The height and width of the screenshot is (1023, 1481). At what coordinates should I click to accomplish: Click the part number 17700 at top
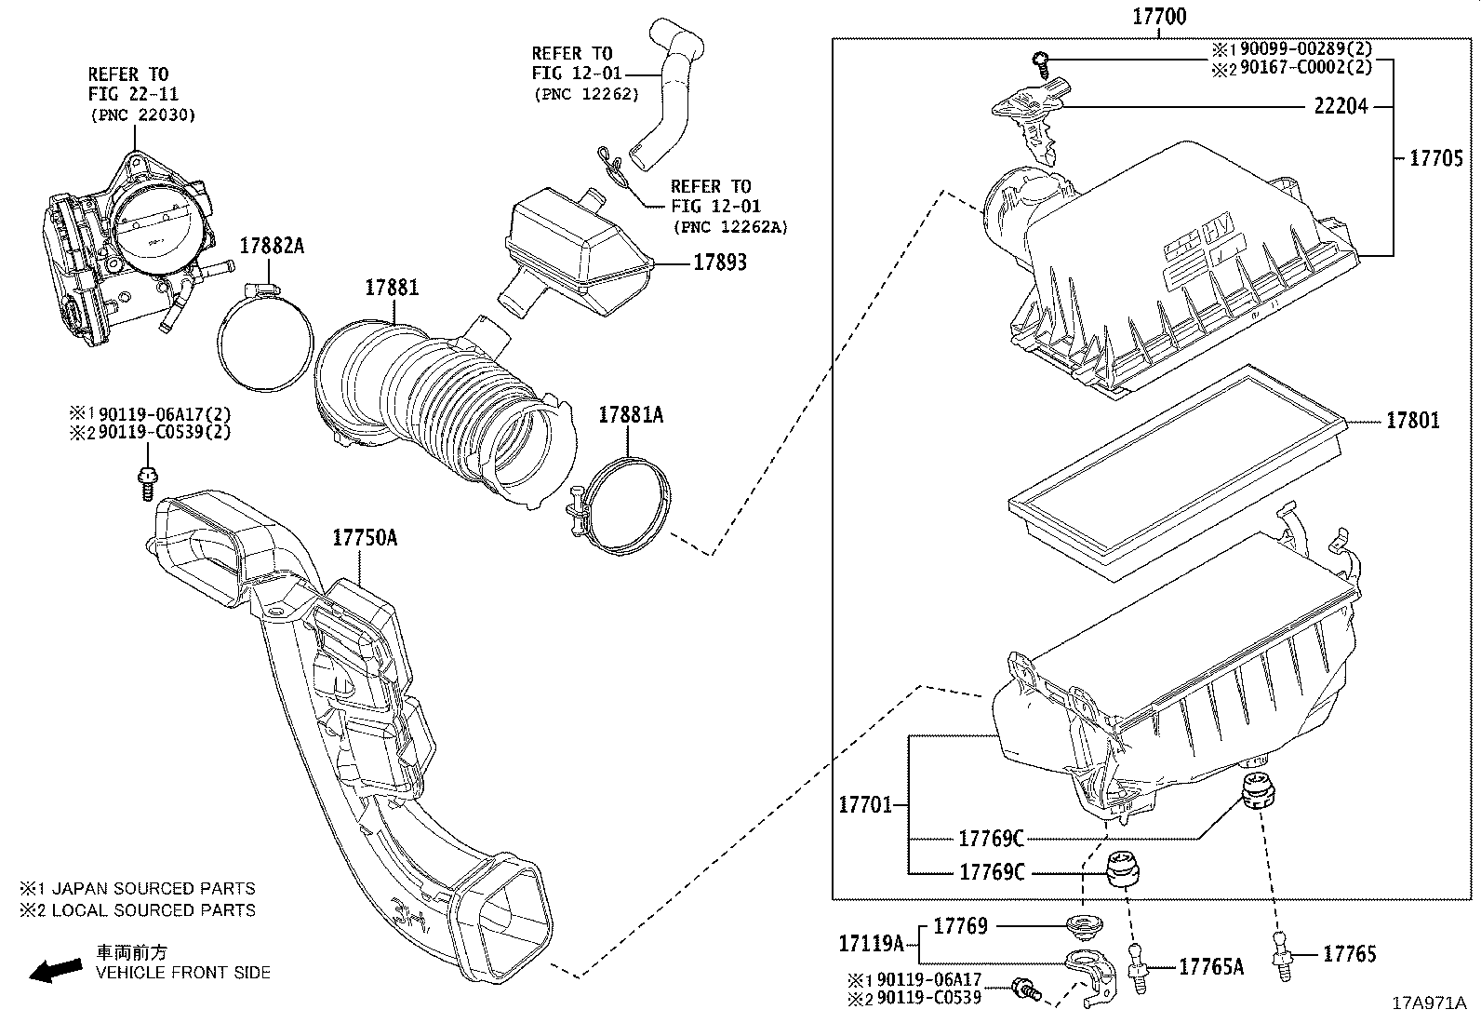click(x=1159, y=17)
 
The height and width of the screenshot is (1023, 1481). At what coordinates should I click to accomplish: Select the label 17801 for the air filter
click(x=1412, y=421)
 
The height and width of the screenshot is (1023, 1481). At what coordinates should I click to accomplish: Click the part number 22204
click(x=1341, y=106)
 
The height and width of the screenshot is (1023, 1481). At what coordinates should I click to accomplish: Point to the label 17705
click(x=1435, y=158)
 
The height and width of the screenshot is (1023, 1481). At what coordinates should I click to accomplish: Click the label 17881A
click(x=630, y=415)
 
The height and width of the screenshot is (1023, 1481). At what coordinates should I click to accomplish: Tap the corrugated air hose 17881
click(x=437, y=400)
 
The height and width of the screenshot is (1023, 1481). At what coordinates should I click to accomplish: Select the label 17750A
click(x=365, y=538)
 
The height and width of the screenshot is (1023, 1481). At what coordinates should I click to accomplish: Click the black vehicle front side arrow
click(x=55, y=971)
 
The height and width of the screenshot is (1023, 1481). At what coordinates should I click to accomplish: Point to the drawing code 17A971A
click(x=1428, y=1003)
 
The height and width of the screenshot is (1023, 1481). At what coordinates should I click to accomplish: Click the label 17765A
click(x=1210, y=967)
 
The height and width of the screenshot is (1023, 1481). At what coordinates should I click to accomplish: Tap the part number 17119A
click(x=871, y=945)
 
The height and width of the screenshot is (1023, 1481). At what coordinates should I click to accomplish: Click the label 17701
click(x=865, y=804)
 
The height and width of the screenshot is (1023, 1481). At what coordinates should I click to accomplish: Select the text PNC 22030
click(x=143, y=114)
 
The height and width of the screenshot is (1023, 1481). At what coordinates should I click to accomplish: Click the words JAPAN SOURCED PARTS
click(x=153, y=889)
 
